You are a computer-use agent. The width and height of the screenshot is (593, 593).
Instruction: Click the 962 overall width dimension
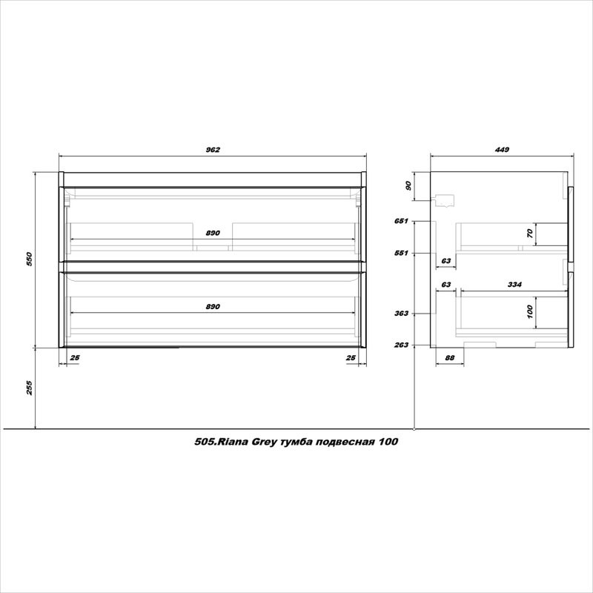pos(213,150)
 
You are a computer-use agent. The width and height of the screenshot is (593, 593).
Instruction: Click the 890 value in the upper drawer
pos(213,233)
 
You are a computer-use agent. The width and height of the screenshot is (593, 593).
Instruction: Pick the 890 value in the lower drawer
pos(213,306)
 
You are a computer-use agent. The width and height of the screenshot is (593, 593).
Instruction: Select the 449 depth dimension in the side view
pos(501,150)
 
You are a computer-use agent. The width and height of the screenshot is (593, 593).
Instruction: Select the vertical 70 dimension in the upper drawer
pos(530,233)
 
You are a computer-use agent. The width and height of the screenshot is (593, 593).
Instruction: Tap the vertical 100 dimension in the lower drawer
pos(530,311)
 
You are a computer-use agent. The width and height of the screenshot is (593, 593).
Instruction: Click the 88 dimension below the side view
pos(448,358)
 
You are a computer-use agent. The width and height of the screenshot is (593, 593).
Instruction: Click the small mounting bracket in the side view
pos(445,199)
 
